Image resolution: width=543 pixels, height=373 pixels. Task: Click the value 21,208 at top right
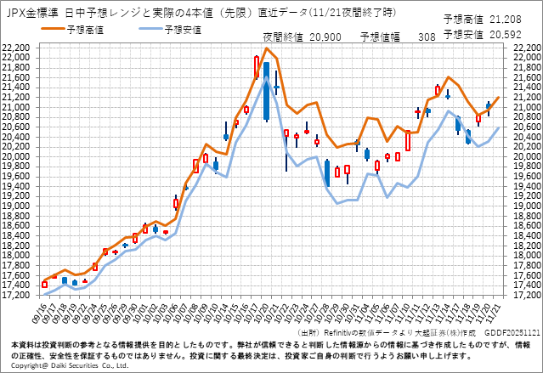click(515, 18)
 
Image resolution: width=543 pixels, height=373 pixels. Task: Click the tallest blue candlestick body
click(266, 91)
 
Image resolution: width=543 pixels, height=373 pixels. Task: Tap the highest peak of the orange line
click(266, 48)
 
